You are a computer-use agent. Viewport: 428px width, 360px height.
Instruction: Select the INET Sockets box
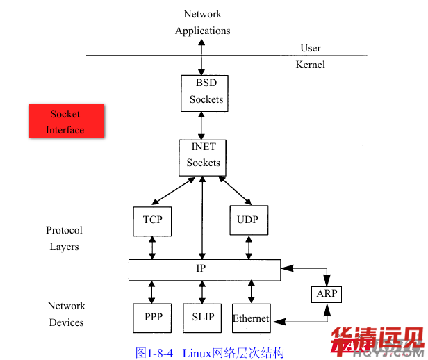coord(202,155)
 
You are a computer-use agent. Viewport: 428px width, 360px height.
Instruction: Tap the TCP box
coord(152,220)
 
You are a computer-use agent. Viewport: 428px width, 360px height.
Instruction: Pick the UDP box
coord(248,220)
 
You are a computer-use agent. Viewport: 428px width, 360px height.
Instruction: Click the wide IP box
coord(204,269)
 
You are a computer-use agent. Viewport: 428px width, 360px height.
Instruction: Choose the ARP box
coord(327,294)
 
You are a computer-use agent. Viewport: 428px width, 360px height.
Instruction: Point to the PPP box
coord(153,318)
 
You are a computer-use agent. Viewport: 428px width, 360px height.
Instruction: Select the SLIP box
coord(202,318)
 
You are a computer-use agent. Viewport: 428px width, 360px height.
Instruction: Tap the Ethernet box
coord(251,318)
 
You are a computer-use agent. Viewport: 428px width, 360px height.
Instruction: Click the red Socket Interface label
coord(66,121)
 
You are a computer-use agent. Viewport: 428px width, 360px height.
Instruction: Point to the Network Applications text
coord(203,22)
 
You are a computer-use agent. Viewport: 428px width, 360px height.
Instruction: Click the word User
coord(311,48)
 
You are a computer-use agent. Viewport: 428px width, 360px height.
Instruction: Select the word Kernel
coord(311,65)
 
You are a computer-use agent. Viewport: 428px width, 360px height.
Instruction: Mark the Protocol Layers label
coord(64,238)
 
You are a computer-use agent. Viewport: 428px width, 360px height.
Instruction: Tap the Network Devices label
coord(66,314)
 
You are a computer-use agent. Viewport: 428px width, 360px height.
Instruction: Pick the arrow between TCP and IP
coord(152,247)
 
